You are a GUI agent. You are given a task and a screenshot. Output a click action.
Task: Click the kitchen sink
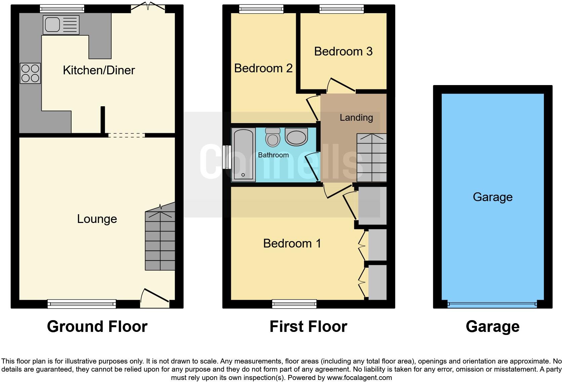[61, 25]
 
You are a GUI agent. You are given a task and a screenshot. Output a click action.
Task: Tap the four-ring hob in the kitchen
[30, 73]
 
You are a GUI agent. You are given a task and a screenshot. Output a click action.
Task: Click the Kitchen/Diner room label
[99, 70]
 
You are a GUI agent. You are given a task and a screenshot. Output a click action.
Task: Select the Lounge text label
[97, 219]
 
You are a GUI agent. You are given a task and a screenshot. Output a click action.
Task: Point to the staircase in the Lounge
[160, 240]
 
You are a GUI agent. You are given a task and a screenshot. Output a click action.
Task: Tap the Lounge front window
[82, 304]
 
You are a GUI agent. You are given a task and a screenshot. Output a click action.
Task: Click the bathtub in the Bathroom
[243, 155]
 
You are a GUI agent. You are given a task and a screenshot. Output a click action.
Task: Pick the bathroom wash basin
[296, 136]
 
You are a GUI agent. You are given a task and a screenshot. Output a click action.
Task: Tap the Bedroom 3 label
[343, 51]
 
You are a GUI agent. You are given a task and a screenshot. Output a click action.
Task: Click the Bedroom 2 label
[263, 68]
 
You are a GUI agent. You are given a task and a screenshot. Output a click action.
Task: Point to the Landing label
[356, 117]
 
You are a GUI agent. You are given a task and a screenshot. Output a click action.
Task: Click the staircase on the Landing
[371, 158]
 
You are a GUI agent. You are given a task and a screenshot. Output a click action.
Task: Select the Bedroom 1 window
[294, 304]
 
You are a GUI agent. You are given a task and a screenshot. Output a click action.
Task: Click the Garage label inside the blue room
[492, 197]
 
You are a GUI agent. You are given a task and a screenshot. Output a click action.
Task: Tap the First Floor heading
[308, 327]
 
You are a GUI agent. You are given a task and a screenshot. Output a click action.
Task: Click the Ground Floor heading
[97, 327]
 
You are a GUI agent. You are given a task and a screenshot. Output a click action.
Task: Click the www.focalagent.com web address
[359, 378]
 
